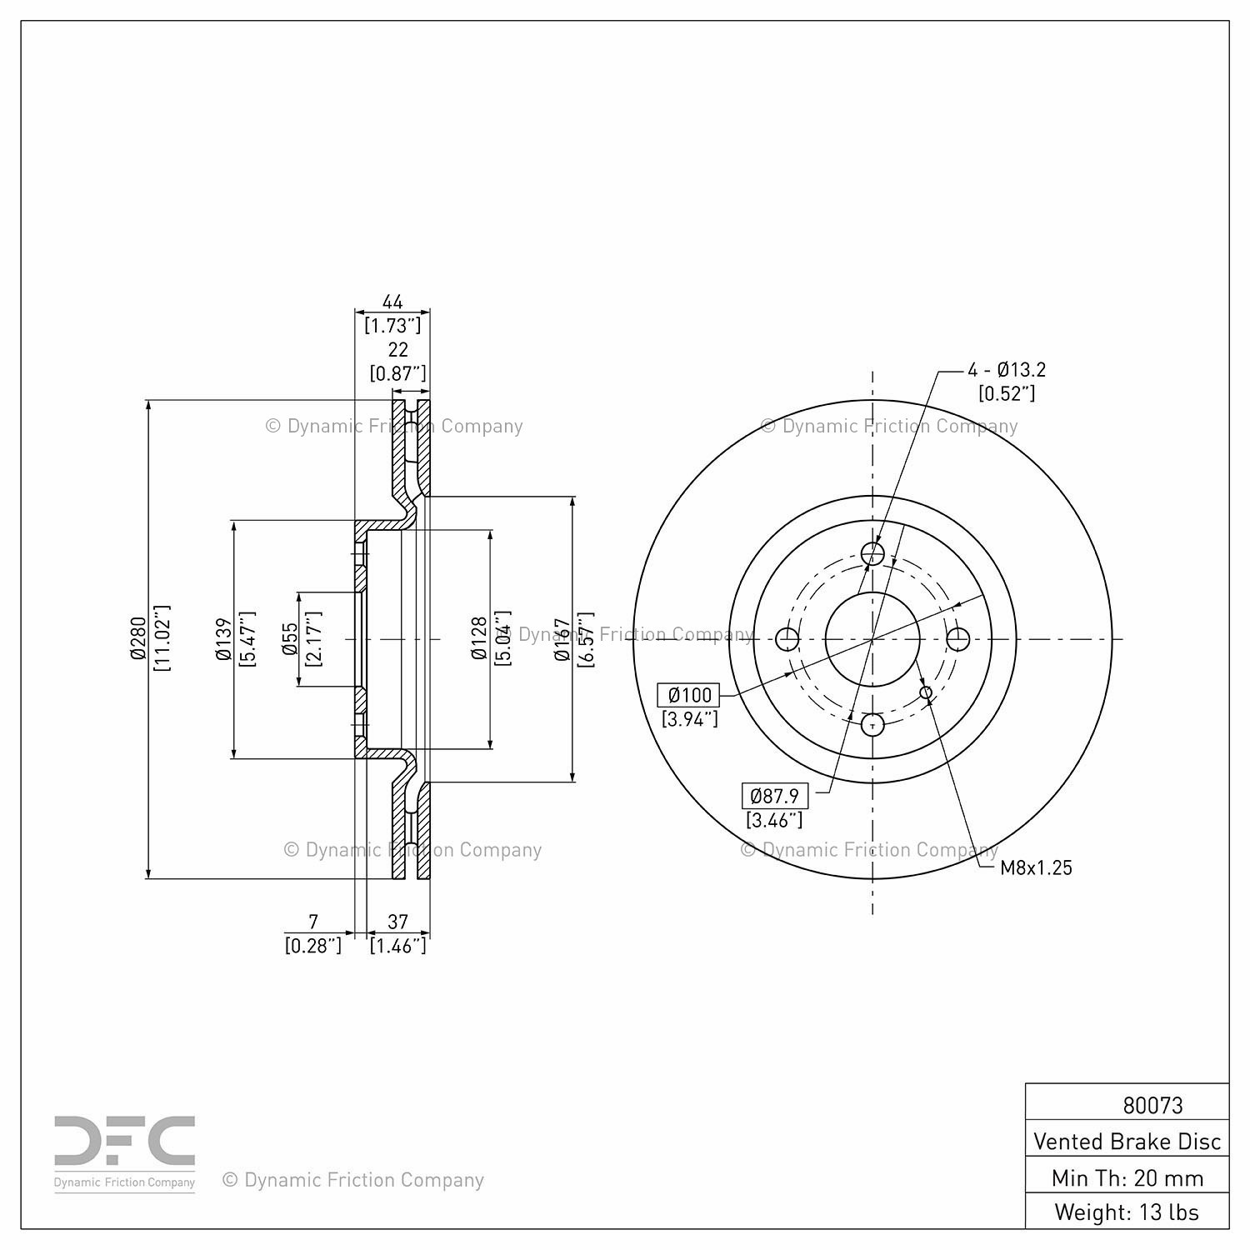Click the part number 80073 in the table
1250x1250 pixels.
coord(1152,1105)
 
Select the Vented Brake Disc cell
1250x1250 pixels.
coord(1127,1141)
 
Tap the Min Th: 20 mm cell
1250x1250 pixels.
coord(1127,1177)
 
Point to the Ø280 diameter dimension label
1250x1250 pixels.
coord(137,639)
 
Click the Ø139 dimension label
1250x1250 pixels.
coord(222,639)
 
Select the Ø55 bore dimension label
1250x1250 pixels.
coord(289,639)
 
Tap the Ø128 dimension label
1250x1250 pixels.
coord(478,639)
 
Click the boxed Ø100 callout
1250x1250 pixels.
coord(689,695)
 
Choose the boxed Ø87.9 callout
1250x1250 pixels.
coord(774,796)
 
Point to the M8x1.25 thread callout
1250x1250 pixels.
coord(1036,867)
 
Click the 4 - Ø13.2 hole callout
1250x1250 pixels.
coord(1006,369)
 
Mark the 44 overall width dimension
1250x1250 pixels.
coord(392,301)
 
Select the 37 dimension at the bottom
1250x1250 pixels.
coord(397,921)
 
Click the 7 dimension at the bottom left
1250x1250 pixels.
coord(313,921)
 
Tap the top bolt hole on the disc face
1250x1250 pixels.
coord(872,553)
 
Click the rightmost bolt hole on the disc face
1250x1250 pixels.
coord(958,639)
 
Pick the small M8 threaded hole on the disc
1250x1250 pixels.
coord(926,692)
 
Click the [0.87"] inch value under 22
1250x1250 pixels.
coord(397,372)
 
